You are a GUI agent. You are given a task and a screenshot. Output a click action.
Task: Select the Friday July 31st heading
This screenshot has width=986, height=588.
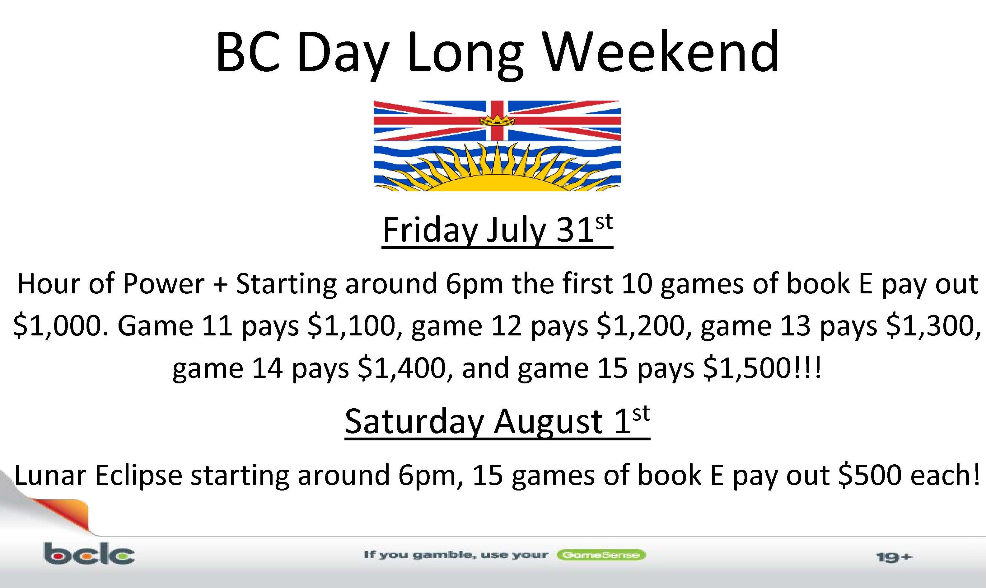[x=498, y=231]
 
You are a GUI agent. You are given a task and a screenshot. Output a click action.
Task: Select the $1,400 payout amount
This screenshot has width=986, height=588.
[x=404, y=368]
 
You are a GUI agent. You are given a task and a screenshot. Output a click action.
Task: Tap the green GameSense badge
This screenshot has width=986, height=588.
[x=601, y=555]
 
